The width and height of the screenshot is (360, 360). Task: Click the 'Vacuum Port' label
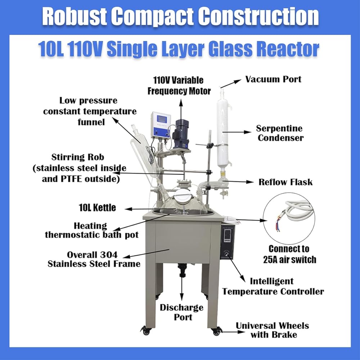[273, 79]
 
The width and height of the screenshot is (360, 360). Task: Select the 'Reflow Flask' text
[285, 182]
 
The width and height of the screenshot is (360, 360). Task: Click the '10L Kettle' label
[97, 208]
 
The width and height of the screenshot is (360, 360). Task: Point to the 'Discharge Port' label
[181, 312]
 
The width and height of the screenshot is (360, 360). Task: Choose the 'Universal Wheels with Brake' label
[272, 330]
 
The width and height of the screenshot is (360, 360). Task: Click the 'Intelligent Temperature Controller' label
[273, 286]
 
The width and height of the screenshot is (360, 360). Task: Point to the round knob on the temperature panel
[226, 254]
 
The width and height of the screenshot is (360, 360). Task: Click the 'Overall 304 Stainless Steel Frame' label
[94, 259]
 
